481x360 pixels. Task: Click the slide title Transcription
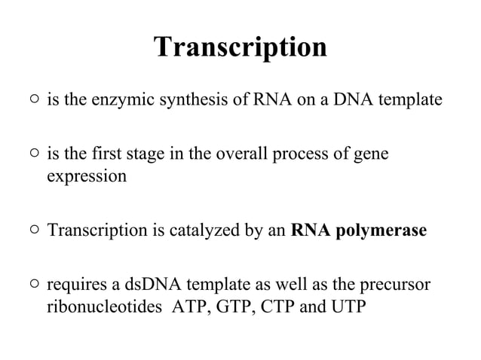(x=240, y=47)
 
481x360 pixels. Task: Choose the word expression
(x=87, y=177)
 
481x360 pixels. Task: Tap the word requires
(x=76, y=285)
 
